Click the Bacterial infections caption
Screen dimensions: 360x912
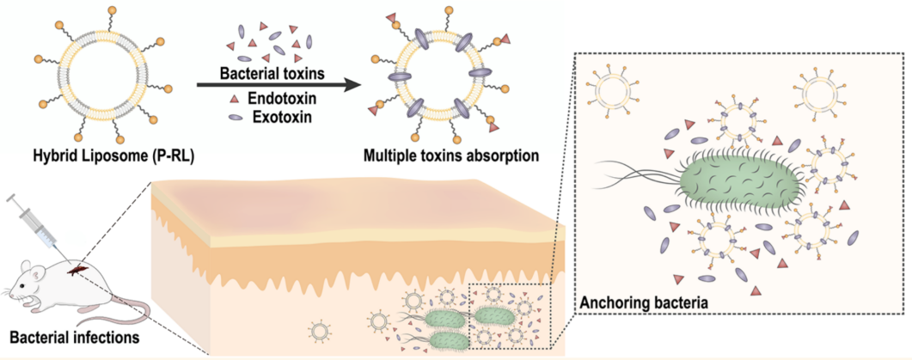click(x=70, y=336)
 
